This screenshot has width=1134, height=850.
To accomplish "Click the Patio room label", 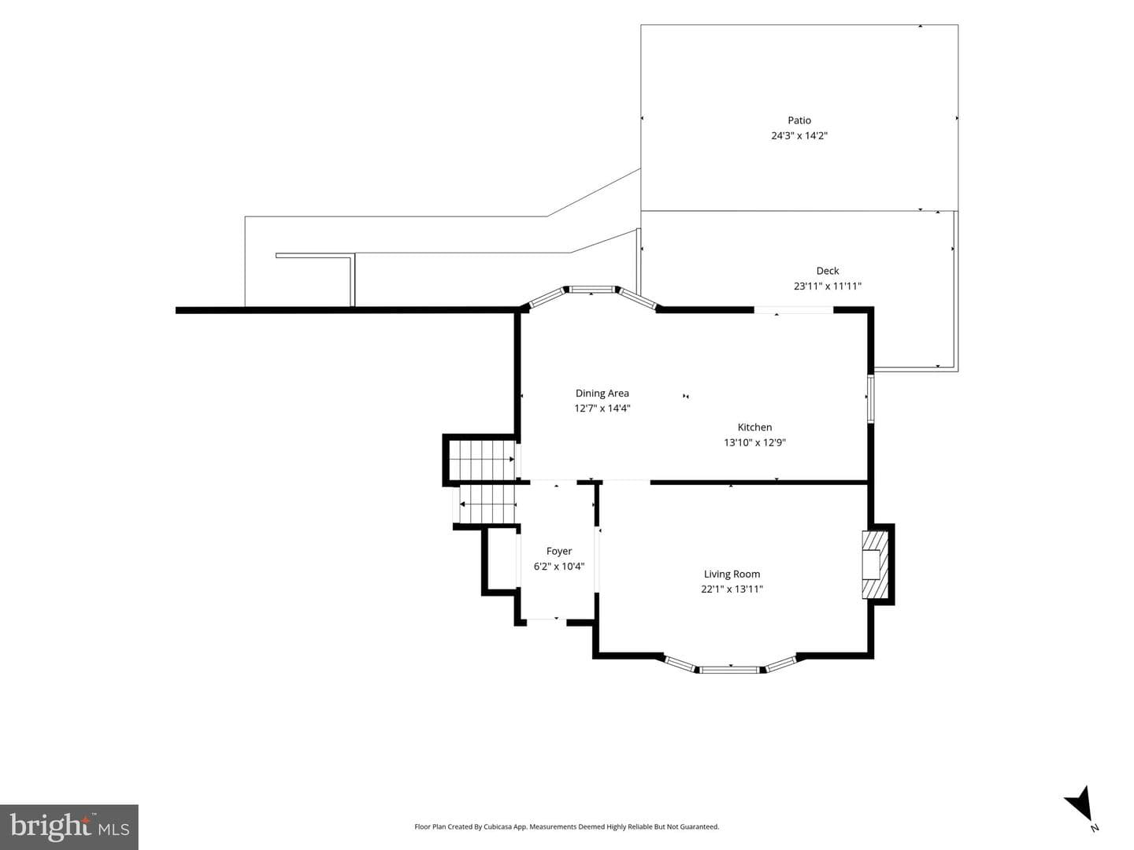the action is (799, 120).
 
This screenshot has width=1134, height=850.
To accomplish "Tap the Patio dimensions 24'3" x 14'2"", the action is (799, 135).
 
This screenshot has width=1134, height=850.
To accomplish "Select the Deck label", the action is (827, 271).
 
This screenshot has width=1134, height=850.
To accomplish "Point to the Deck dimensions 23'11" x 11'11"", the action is (827, 286).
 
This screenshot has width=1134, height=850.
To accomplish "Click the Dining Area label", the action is (602, 394).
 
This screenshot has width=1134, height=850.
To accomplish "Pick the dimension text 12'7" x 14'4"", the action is (602, 408).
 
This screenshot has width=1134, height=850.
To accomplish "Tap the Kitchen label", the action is (754, 427).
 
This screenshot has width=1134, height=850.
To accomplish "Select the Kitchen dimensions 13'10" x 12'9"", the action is (754, 442).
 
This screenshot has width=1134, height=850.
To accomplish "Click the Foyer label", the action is (558, 551).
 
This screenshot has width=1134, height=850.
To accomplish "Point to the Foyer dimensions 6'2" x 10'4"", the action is (558, 567).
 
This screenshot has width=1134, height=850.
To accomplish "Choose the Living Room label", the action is (732, 574).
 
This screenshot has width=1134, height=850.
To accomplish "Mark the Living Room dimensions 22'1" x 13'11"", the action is (732, 589).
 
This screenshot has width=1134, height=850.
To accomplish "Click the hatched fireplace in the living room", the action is (875, 564).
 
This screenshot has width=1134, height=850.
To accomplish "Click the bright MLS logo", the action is (69, 826).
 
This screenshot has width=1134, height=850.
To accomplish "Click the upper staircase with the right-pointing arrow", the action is (481, 460).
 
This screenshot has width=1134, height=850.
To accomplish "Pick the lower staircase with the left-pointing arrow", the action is (487, 504).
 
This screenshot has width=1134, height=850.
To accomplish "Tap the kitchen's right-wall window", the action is (870, 399).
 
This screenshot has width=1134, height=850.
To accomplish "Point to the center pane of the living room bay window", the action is (730, 670).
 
